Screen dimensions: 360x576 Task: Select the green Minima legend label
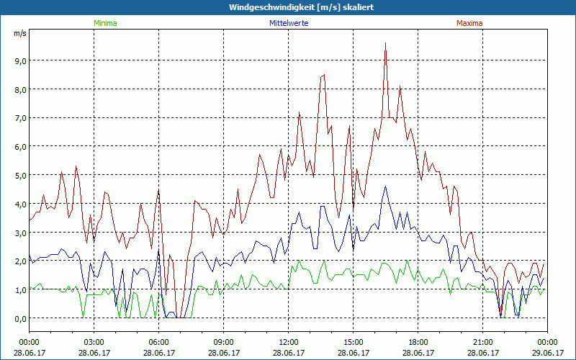[104, 23]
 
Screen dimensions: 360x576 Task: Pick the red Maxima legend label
[469, 23]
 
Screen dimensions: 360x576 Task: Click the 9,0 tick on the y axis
[19, 60]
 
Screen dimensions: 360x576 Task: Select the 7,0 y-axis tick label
[19, 118]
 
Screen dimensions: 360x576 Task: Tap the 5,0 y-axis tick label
[19, 175]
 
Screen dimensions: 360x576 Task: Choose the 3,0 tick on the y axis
[19, 233]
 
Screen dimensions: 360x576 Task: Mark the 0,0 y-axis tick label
[19, 318]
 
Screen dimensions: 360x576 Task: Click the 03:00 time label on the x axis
[94, 342]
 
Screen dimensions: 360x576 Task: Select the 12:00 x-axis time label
[288, 342]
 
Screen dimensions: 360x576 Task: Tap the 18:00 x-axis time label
[418, 342]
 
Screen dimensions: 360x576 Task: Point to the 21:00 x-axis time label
[482, 342]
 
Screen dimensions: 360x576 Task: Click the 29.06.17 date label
[547, 353]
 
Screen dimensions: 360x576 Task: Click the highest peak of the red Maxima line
[386, 43]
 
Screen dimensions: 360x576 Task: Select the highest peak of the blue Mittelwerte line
[386, 186]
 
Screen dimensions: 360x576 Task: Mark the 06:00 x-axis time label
[158, 342]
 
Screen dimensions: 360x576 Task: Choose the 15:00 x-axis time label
[353, 342]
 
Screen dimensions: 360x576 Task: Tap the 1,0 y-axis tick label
[19, 289]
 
